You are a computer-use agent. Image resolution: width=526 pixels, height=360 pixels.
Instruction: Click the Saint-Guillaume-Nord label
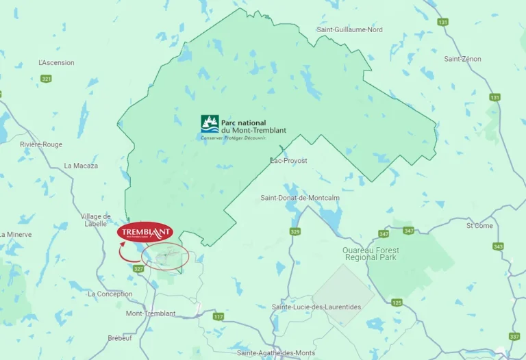point(349,29)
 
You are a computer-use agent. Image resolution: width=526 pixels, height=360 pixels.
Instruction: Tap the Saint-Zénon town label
point(462,59)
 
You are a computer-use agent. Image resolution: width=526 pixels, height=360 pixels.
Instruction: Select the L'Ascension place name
point(57,63)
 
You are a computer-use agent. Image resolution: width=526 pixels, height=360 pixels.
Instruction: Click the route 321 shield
point(46,79)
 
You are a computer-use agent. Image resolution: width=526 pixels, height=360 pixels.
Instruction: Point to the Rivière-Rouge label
point(41,144)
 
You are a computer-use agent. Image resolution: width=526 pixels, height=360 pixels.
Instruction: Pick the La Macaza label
point(81,166)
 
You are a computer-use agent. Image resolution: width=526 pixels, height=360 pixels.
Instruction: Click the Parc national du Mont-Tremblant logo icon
point(210,124)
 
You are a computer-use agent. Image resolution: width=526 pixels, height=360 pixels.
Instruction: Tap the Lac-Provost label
point(289,160)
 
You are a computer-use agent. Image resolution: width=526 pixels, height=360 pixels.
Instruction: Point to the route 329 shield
point(295,232)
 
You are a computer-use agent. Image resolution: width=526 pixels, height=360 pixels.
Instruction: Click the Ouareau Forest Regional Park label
point(371,253)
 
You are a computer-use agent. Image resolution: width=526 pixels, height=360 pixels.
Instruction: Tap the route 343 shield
point(498,246)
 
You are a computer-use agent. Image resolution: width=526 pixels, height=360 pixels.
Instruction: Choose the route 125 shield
point(397,303)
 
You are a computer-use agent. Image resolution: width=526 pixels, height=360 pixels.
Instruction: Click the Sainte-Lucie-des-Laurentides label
point(316,307)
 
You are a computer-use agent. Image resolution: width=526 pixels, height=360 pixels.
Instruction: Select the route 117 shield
point(218,316)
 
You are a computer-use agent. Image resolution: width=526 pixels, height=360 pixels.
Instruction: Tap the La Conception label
point(110,294)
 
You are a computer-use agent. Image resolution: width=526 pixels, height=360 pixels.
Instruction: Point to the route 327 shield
point(139,269)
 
